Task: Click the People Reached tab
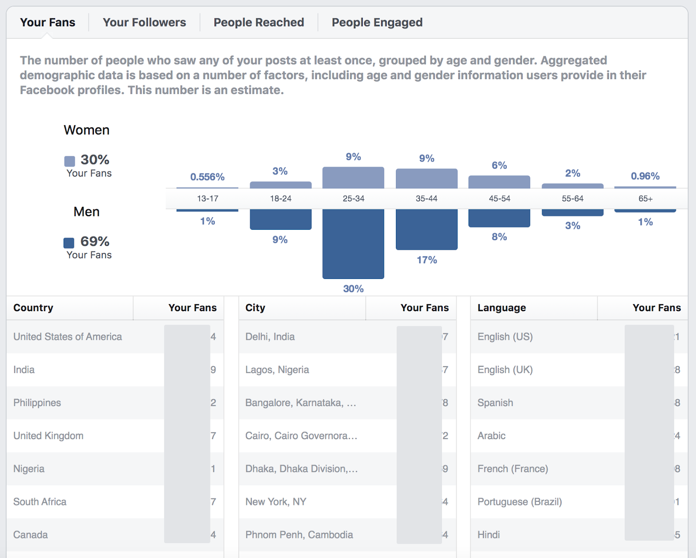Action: [258, 23]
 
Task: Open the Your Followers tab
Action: [144, 23]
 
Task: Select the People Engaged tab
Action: [377, 23]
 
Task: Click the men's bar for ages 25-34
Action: [353, 243]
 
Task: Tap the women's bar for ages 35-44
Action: [426, 178]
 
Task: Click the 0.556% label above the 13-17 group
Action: [207, 177]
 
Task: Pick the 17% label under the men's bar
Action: [427, 260]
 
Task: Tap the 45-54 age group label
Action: [499, 198]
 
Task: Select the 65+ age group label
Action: [646, 198]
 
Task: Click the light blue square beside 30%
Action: [70, 161]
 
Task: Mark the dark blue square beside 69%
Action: [69, 242]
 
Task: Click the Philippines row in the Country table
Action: [37, 403]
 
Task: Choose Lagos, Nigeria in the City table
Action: [277, 370]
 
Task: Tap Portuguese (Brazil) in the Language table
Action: [519, 502]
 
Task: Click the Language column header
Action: [502, 308]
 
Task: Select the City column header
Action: [255, 308]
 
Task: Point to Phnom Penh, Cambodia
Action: [299, 534]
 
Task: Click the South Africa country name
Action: [40, 502]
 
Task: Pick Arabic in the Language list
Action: [492, 436]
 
